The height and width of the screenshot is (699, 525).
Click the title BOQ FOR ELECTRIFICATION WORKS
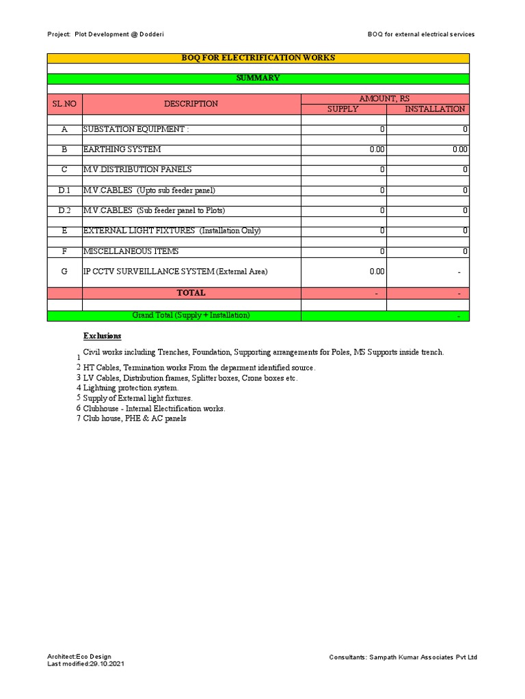(x=258, y=58)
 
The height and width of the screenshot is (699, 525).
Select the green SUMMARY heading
(x=258, y=79)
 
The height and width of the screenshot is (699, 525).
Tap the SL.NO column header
(x=64, y=104)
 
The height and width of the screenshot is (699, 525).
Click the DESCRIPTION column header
(x=191, y=104)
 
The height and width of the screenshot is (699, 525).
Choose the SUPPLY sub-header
(x=342, y=109)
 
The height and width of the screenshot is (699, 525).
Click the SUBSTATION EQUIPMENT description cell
(x=134, y=129)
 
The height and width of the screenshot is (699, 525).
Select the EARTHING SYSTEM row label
(x=122, y=149)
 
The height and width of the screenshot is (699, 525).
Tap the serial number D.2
(x=64, y=210)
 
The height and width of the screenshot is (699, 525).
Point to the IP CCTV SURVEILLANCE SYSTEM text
(x=175, y=272)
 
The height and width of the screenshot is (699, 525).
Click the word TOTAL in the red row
(x=191, y=293)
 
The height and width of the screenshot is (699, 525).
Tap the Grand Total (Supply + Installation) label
(x=191, y=315)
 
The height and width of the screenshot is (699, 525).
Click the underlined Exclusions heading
(x=103, y=336)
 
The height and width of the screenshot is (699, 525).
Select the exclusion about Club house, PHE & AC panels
(x=135, y=418)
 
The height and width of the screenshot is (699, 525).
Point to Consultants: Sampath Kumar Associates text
(x=403, y=657)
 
